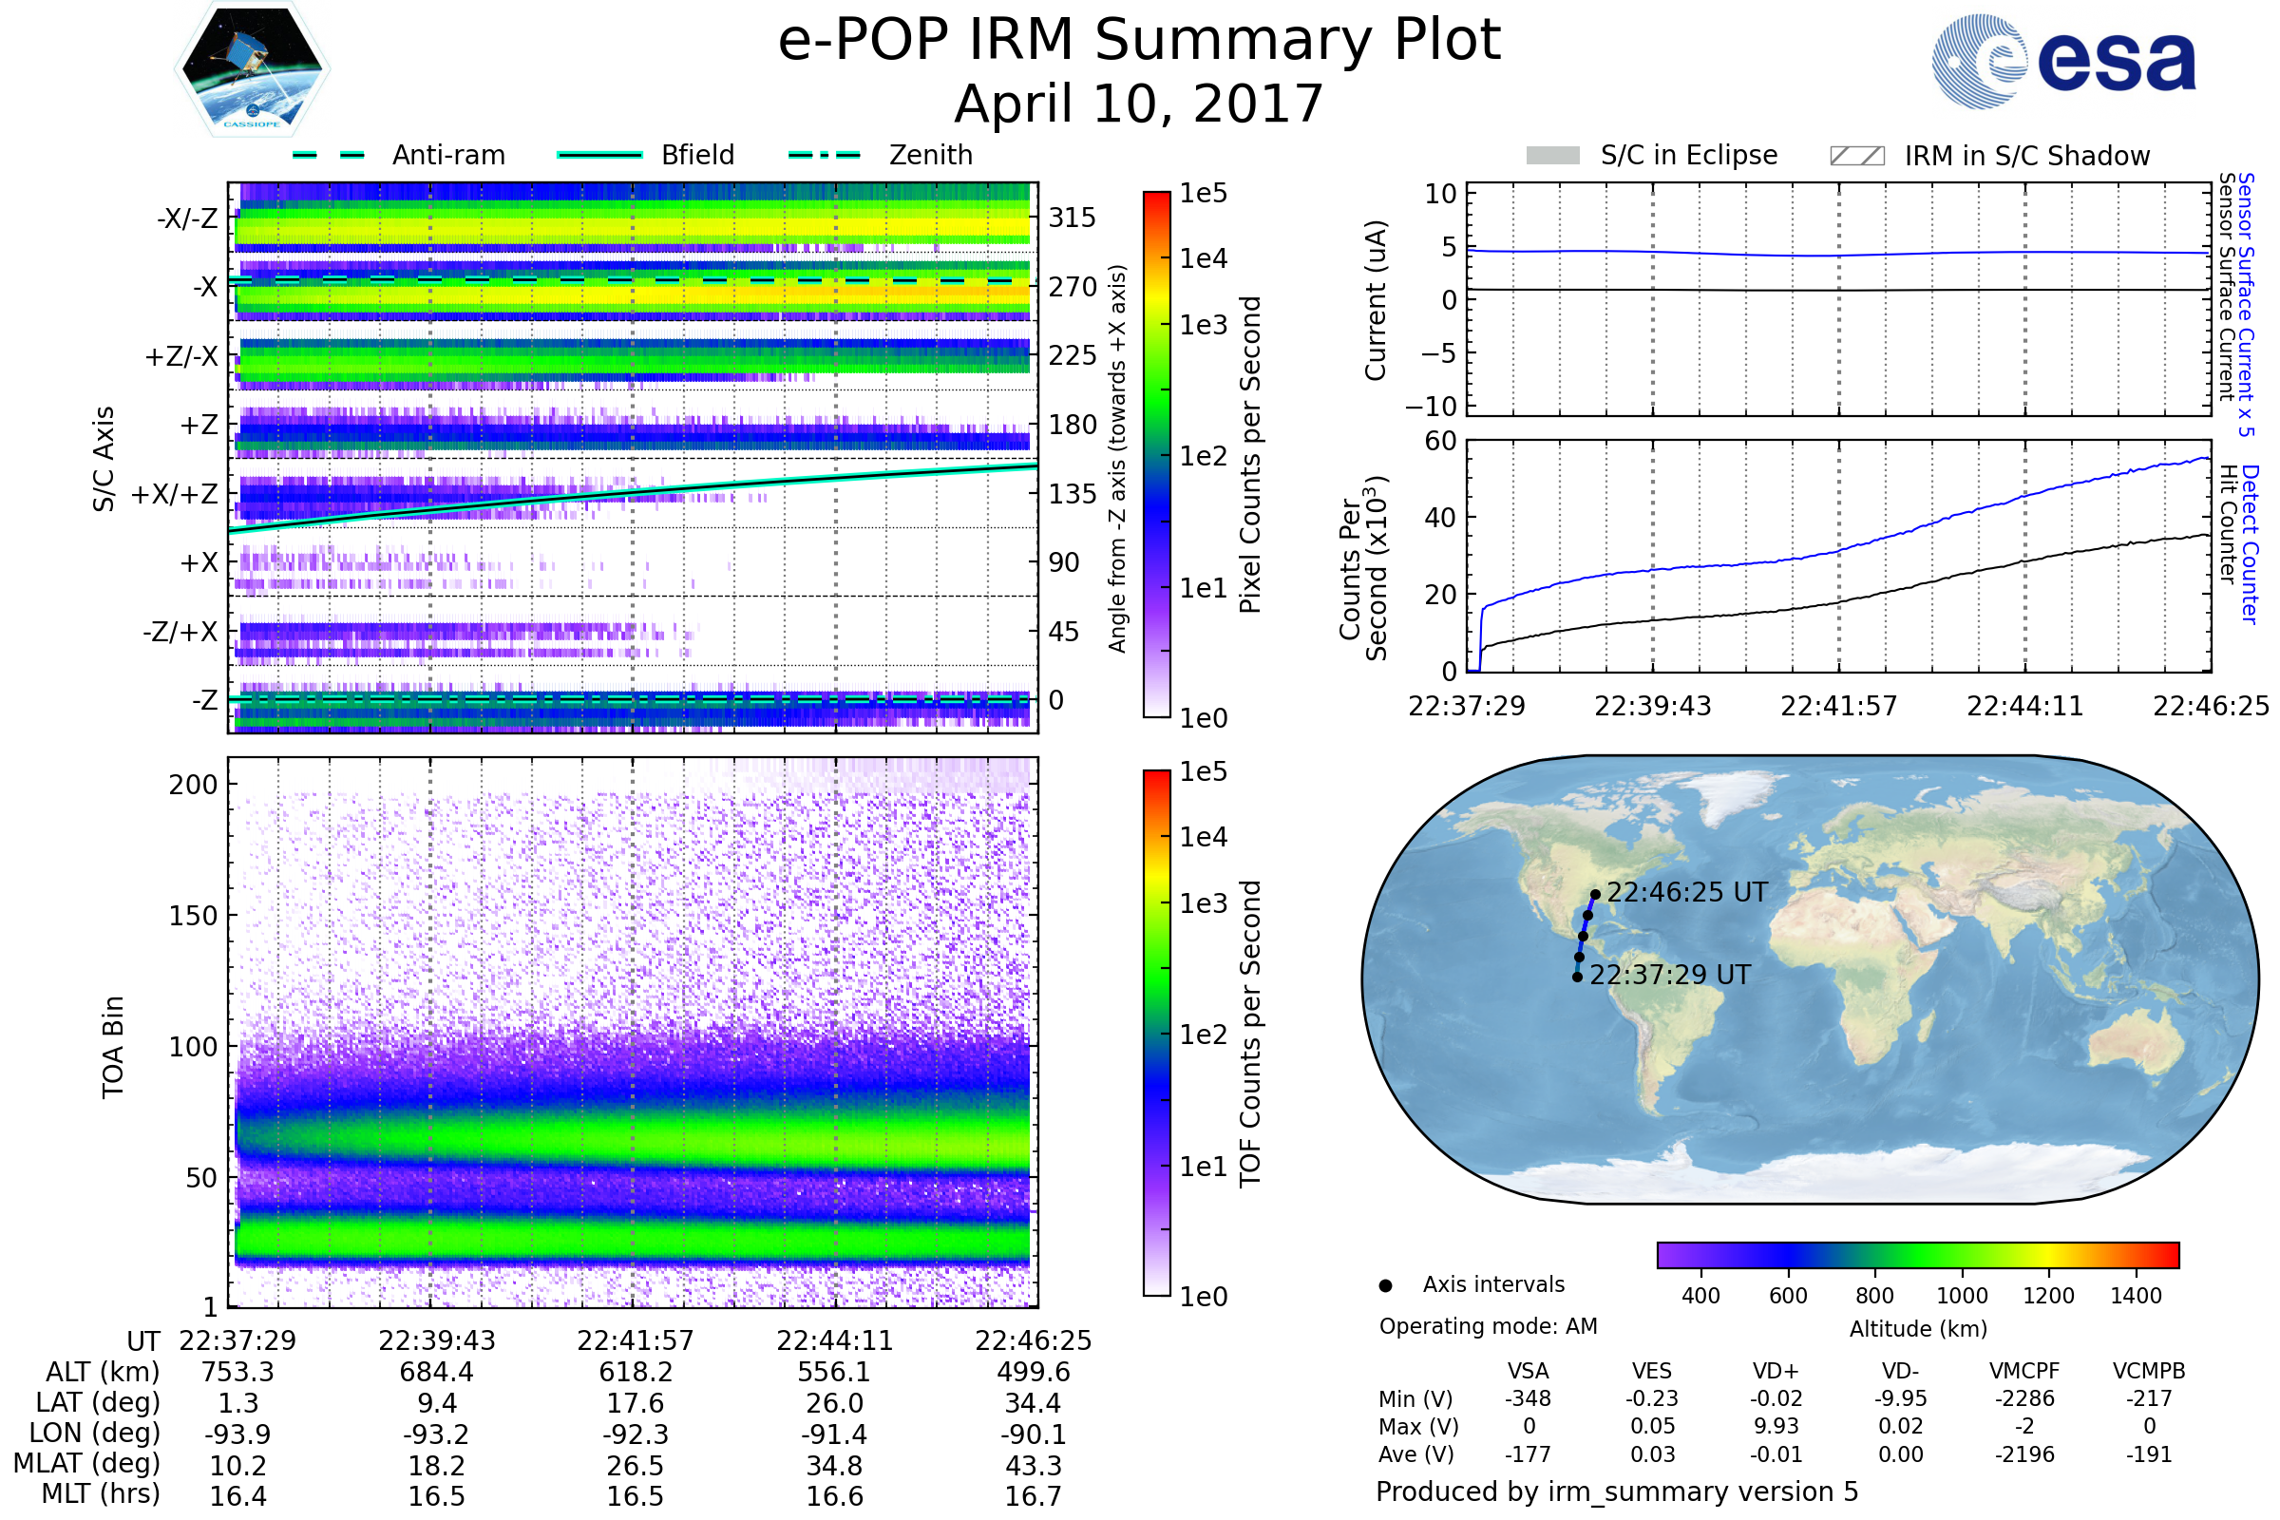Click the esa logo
pyautogui.click(x=2063, y=61)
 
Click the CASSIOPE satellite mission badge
pyautogui.click(x=252, y=67)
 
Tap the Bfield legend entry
pyautogui.click(x=647, y=155)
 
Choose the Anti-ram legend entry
pyautogui.click(x=398, y=155)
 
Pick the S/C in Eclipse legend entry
pyautogui.click(x=1652, y=155)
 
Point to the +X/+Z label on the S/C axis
pyautogui.click(x=175, y=494)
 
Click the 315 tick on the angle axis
pyautogui.click(x=1073, y=218)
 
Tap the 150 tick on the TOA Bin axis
pyautogui.click(x=193, y=915)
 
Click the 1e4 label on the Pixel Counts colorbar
pyautogui.click(x=1203, y=257)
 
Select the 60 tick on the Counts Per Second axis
pyautogui.click(x=1440, y=441)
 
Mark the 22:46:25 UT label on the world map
pyautogui.click(x=1687, y=892)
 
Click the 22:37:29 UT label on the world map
pyautogui.click(x=1670, y=975)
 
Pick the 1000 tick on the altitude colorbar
pyautogui.click(x=1962, y=1296)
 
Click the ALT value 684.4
pyautogui.click(x=436, y=1372)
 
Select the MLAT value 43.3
pyautogui.click(x=1034, y=1465)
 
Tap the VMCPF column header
pyautogui.click(x=2024, y=1371)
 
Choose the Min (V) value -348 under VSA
pyautogui.click(x=1528, y=1398)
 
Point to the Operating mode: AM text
pyautogui.click(x=1488, y=1326)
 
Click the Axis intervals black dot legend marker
pyautogui.click(x=1385, y=1285)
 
